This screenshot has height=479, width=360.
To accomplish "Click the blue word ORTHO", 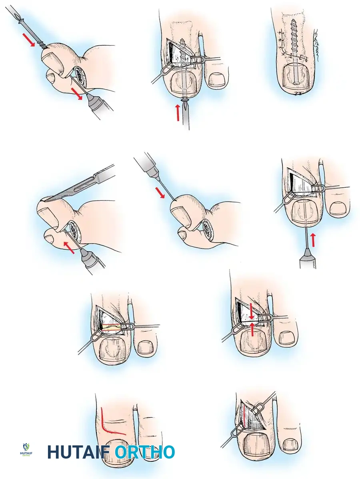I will click(x=145, y=452).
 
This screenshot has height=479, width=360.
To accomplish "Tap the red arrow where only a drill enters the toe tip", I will click(x=160, y=193).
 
